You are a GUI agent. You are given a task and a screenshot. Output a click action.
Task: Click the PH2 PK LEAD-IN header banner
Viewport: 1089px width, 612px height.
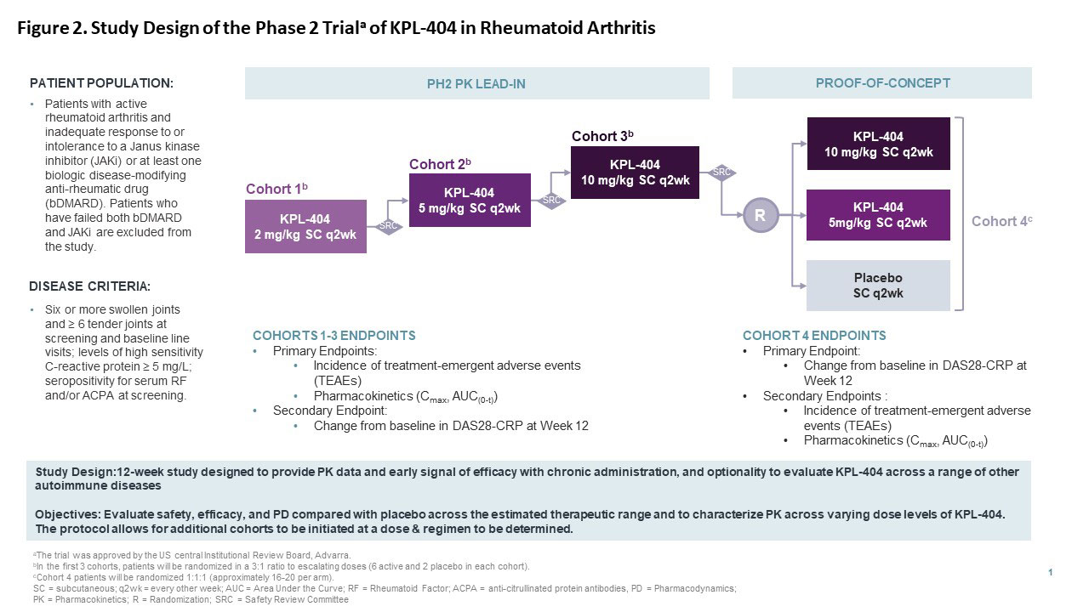point(476,83)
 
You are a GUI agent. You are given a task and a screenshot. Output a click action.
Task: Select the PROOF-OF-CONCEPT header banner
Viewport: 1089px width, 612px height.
point(881,83)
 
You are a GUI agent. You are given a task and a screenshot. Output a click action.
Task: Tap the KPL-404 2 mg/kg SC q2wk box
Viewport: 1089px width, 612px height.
point(305,226)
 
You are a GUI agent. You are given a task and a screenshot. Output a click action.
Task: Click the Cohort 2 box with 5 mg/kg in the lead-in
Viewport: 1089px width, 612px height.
point(470,200)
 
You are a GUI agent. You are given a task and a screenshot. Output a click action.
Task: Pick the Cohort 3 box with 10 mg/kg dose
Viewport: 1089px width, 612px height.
point(635,173)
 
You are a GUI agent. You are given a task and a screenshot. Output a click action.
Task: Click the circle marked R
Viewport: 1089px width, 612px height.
point(760,216)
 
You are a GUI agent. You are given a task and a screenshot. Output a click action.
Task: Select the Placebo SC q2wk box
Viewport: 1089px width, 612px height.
point(878,286)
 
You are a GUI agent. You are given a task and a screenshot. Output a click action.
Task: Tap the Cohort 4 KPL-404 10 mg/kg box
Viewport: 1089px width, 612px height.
point(878,144)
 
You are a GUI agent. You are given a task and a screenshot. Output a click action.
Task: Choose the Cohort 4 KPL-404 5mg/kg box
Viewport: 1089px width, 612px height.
point(878,215)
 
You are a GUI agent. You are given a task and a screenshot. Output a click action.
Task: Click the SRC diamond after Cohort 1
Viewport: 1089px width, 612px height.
point(389,226)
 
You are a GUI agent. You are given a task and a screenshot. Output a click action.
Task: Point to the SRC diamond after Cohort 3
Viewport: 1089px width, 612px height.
point(721,173)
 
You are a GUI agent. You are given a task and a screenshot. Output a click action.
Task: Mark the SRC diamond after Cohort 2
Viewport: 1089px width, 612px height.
point(553,201)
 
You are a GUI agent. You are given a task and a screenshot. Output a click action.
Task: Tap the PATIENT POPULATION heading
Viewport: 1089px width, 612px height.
point(101,83)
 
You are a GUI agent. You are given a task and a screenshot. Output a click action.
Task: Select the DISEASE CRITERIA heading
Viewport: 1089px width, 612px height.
point(90,286)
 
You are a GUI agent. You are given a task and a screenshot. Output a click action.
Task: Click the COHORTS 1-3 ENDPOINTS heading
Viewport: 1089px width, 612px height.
point(334,336)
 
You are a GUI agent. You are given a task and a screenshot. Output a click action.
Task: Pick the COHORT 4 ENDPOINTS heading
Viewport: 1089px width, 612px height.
point(814,336)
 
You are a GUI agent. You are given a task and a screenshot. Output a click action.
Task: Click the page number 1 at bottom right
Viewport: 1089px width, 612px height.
point(1051,573)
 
